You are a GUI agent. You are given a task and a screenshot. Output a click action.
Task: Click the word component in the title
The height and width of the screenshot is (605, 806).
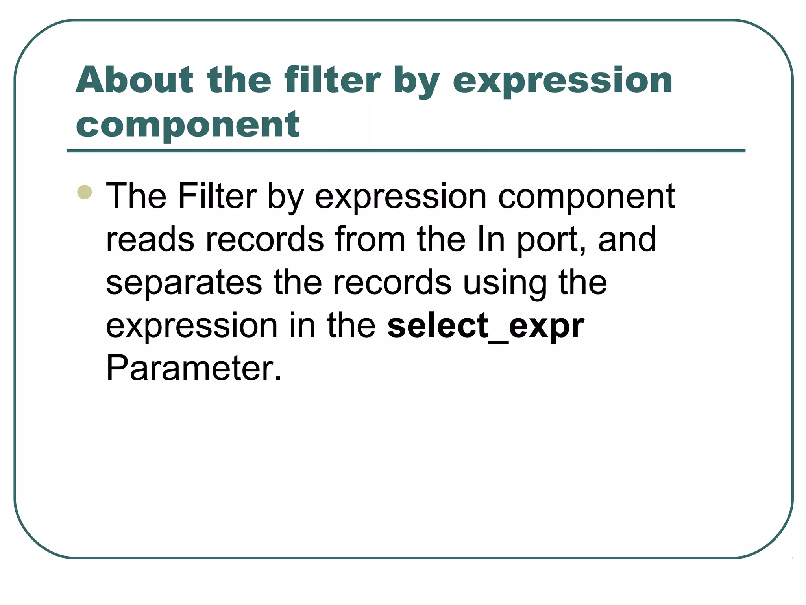[x=188, y=125]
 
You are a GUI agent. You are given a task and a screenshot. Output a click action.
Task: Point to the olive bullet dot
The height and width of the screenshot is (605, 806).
[x=85, y=192]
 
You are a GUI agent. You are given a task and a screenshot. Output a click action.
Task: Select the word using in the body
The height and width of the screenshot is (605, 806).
[x=505, y=284]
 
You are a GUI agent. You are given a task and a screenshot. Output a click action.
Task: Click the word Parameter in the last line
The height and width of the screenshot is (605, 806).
[x=194, y=368]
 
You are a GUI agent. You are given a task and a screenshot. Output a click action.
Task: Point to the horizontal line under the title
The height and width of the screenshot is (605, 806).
[x=406, y=151]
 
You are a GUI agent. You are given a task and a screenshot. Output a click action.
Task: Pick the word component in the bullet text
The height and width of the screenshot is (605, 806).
[x=586, y=197]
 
